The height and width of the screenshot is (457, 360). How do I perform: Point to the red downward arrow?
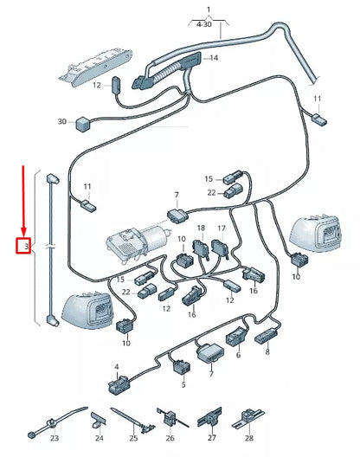tap(24, 199)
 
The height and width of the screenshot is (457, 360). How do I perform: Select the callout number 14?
tap(214, 58)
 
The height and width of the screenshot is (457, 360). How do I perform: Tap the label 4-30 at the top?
tap(208, 26)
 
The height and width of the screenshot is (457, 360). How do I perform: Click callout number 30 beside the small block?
tap(61, 122)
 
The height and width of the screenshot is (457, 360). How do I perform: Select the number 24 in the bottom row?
tap(98, 439)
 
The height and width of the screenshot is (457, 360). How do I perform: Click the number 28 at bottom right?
tap(247, 439)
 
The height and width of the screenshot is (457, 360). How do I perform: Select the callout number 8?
tap(267, 352)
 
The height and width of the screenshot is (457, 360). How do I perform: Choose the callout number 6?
tap(238, 354)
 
